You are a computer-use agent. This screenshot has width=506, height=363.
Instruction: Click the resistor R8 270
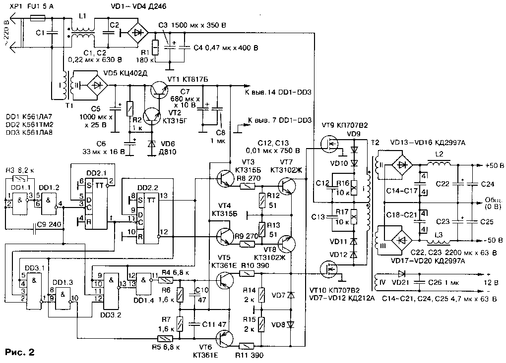[248, 187]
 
